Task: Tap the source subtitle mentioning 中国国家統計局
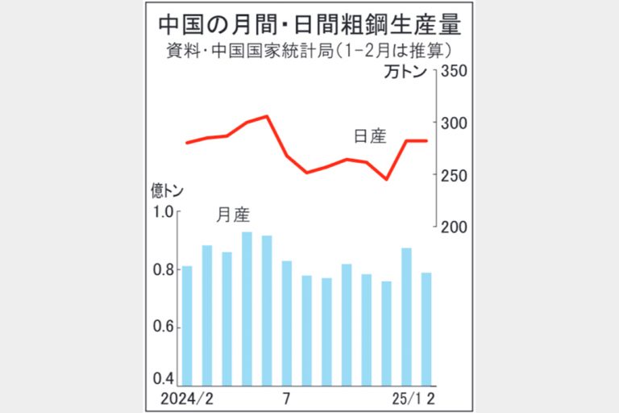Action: click(x=309, y=51)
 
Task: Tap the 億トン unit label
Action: click(x=167, y=191)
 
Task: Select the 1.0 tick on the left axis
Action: click(x=164, y=211)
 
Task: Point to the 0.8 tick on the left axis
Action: click(x=164, y=269)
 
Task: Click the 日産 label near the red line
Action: click(x=370, y=136)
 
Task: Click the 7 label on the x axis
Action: click(x=286, y=398)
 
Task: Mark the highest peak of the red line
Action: click(x=267, y=116)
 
